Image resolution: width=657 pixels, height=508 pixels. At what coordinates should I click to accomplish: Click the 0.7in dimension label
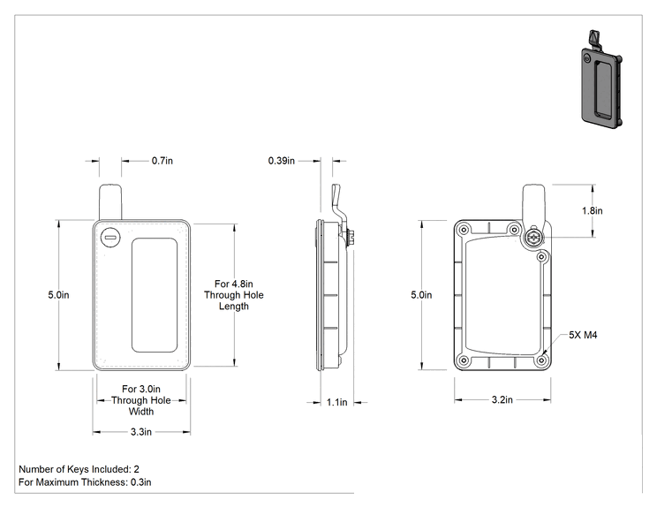(x=162, y=161)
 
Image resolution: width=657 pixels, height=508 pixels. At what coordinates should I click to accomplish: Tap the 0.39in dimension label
(x=281, y=161)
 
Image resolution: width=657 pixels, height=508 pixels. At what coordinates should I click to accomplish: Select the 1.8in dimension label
(x=592, y=210)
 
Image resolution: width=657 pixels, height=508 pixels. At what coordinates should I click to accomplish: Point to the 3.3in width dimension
(x=141, y=432)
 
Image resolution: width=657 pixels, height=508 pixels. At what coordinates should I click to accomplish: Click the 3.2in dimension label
(x=502, y=399)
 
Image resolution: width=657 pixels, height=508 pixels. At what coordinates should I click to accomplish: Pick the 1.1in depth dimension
(x=336, y=402)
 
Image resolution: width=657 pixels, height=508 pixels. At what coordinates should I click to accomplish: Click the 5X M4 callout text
(x=583, y=335)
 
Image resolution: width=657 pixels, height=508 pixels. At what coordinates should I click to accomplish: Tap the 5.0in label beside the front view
(x=58, y=295)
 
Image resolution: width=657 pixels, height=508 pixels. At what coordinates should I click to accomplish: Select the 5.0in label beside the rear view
(x=421, y=295)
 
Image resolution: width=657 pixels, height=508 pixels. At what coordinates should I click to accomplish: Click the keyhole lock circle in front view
(x=110, y=238)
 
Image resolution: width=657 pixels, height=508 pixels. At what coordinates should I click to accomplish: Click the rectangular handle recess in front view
(x=155, y=295)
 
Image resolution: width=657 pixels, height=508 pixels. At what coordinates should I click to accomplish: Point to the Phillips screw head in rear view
(x=533, y=238)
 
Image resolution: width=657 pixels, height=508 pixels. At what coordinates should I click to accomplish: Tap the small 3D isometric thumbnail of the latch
(x=600, y=79)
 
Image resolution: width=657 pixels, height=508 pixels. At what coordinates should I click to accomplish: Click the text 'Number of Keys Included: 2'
(x=79, y=469)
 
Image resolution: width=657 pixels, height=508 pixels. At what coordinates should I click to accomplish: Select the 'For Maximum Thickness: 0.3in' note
(x=85, y=482)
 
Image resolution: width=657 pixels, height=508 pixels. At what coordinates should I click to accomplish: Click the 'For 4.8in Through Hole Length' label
(x=234, y=295)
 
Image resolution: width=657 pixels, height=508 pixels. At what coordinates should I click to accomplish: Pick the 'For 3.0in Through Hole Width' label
(x=141, y=400)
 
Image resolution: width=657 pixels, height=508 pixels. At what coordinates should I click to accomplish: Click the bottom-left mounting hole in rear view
(x=464, y=360)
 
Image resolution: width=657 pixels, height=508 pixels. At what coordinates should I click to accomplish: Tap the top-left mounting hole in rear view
(x=464, y=230)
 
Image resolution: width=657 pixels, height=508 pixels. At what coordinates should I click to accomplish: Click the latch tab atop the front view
(x=110, y=202)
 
